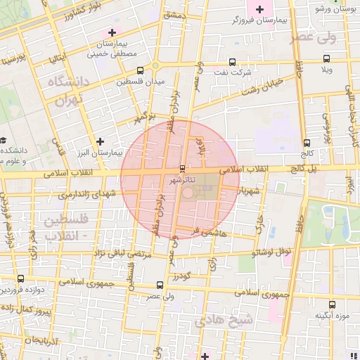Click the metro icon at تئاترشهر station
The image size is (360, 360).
pyautogui.click(x=183, y=169)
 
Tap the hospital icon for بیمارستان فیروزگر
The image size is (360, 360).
pyautogui.click(x=260, y=9)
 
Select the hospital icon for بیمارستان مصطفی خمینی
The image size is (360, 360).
pyautogui.click(x=112, y=32)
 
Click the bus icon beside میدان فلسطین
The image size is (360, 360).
pyautogui.click(x=140, y=70)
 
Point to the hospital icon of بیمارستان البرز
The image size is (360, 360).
pyautogui.click(x=100, y=141)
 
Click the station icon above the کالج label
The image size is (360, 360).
pyautogui.click(x=306, y=142)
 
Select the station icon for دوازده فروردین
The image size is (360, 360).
pyautogui.click(x=20, y=279)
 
